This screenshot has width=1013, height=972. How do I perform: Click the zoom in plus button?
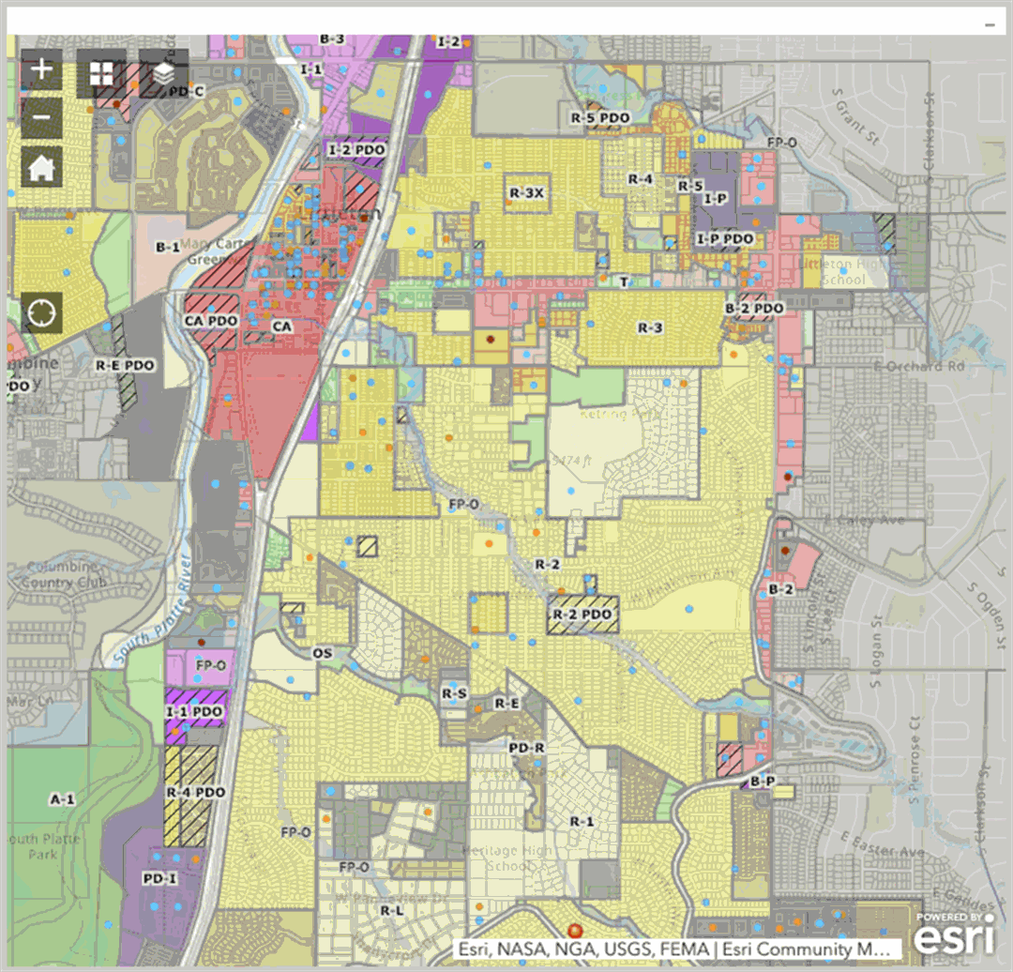coord(41,70)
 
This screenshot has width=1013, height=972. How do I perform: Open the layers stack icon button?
coord(163,73)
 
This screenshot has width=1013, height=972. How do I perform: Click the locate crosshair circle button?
coord(41,312)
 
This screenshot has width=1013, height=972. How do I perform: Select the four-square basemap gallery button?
coord(101,73)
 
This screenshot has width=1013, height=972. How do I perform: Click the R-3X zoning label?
coord(527,192)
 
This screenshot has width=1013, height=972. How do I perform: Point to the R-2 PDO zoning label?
coord(582,615)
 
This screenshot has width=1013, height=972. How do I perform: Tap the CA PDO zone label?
coord(211,321)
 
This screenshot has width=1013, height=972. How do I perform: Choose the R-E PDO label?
coord(125,365)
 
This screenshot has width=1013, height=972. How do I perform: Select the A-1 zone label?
coord(62,799)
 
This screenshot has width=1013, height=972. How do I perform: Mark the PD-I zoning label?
coord(160,878)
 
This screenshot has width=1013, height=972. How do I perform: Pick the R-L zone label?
coord(392,910)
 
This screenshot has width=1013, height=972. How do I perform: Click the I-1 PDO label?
coord(195,712)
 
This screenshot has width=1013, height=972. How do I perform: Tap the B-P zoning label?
coord(763,781)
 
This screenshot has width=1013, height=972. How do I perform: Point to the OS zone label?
coord(323,652)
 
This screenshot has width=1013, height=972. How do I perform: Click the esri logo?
coord(953,935)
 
